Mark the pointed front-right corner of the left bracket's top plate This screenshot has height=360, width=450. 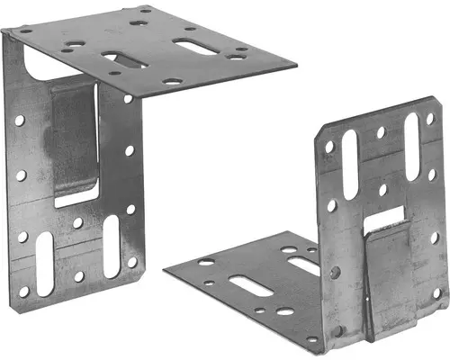[296, 65]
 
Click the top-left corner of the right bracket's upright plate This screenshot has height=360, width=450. [318, 129]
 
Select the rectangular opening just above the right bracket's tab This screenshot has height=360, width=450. [389, 215]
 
